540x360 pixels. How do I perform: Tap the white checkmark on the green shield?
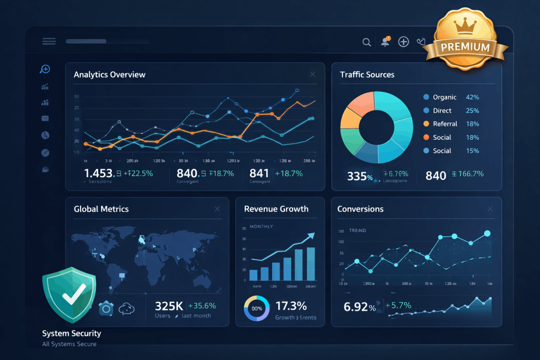(x=70, y=296)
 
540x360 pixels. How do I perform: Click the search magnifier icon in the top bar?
(x=367, y=42)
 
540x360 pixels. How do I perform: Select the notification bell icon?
(x=384, y=42)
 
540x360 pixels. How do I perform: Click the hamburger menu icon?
(x=49, y=42)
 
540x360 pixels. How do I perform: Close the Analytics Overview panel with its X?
(x=313, y=75)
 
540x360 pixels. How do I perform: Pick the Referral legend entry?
(x=445, y=124)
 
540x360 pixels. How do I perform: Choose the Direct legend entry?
(x=442, y=111)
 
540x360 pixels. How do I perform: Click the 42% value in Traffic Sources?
(x=472, y=97)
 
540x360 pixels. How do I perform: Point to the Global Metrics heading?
(x=101, y=209)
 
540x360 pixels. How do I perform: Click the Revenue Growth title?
(x=276, y=209)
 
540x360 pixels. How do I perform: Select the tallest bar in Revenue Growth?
(x=311, y=264)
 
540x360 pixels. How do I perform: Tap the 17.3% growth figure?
(x=291, y=305)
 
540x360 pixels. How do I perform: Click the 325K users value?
(x=169, y=306)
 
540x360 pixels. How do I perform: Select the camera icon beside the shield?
(x=106, y=308)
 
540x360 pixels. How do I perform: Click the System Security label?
(x=72, y=333)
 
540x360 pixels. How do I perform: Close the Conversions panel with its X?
(x=490, y=209)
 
